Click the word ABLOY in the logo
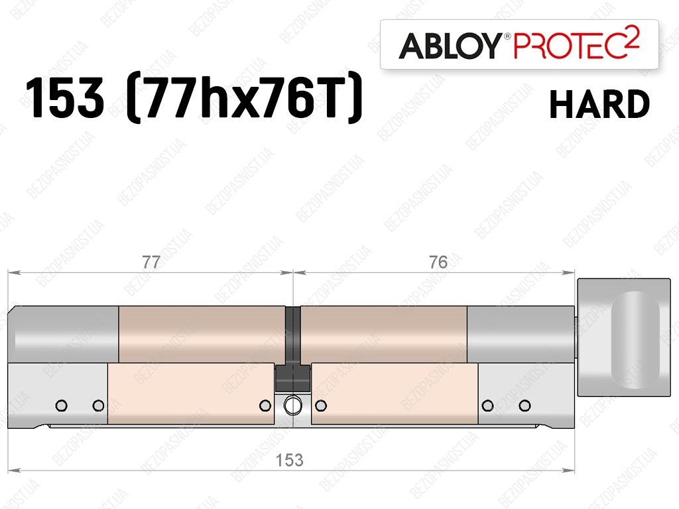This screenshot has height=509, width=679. (x=450, y=46)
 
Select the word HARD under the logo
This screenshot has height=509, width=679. (x=599, y=104)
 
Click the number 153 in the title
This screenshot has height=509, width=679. (x=65, y=97)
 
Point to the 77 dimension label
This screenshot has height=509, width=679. (x=151, y=262)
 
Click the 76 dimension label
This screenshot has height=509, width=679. (x=438, y=262)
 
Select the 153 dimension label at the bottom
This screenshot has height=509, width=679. (x=289, y=460)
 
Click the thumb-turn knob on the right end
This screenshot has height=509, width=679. (x=624, y=337)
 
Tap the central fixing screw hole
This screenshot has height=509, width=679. (x=292, y=406)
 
